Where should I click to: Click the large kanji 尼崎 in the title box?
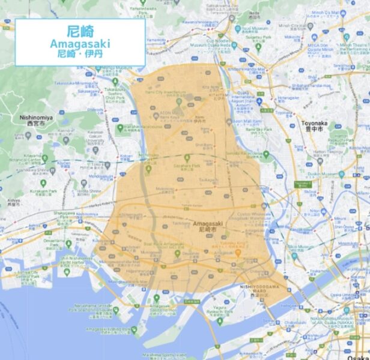coord(80,31)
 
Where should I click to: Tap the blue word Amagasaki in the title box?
coord(80,44)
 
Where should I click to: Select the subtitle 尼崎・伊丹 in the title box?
coord(80,53)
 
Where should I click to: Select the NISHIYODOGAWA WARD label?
coord(263,288)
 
